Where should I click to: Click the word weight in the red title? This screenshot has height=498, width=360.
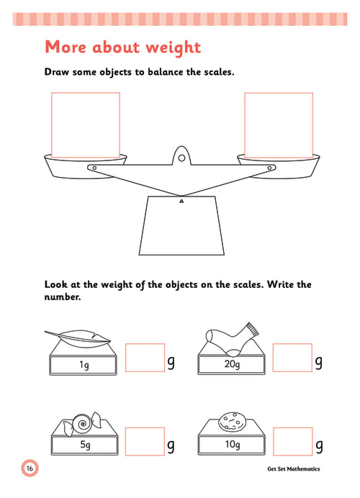[174, 48]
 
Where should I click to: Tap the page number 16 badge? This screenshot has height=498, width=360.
[30, 468]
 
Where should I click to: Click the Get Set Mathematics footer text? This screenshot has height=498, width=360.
[294, 468]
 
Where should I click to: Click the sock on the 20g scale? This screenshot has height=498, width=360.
[232, 339]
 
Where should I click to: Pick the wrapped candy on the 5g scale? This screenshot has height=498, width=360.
[83, 424]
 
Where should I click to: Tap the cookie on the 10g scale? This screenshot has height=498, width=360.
[232, 422]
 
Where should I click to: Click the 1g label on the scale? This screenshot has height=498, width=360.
[84, 365]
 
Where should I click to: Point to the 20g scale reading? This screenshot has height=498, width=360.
[232, 364]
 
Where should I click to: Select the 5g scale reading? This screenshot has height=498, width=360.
[85, 445]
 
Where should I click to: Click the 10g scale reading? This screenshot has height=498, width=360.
[233, 444]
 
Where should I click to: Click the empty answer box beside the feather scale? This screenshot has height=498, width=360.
[145, 358]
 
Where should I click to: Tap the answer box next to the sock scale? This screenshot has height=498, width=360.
[292, 358]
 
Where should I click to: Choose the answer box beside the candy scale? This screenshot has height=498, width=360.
[145, 442]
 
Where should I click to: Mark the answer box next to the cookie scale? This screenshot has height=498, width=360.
[292, 442]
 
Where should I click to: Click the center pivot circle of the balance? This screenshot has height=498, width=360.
[181, 158]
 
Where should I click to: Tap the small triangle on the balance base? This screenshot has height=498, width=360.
[181, 201]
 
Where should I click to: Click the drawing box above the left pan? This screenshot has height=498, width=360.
[86, 125]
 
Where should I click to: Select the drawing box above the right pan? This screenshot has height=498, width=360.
[279, 125]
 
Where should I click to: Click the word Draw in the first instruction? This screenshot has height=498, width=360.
[57, 72]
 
